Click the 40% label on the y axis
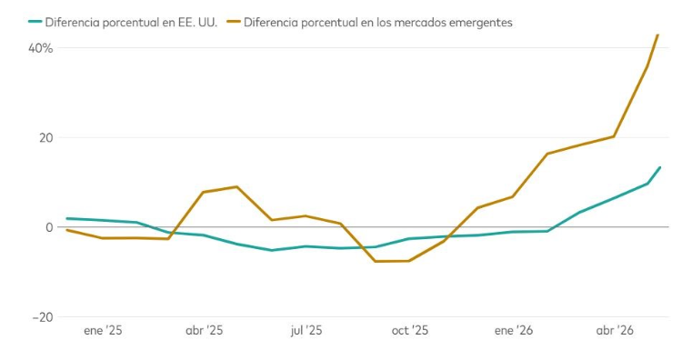point(40,48)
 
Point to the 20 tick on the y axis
point(45,138)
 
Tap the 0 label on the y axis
point(49,227)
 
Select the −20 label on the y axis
point(43,317)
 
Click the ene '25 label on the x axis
point(103,330)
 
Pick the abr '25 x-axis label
point(204,330)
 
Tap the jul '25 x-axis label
point(306,330)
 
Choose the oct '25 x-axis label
point(410,330)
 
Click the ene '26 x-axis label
point(513,330)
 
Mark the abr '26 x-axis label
point(615,330)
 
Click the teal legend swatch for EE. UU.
point(35,21)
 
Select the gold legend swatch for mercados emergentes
point(234,21)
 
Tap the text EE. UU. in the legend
point(197,22)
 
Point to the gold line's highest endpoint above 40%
point(657,35)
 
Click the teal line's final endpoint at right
point(660,167)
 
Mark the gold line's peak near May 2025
point(236,187)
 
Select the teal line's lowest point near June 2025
point(271,250)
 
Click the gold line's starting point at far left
point(67,230)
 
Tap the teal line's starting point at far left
point(67,218)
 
